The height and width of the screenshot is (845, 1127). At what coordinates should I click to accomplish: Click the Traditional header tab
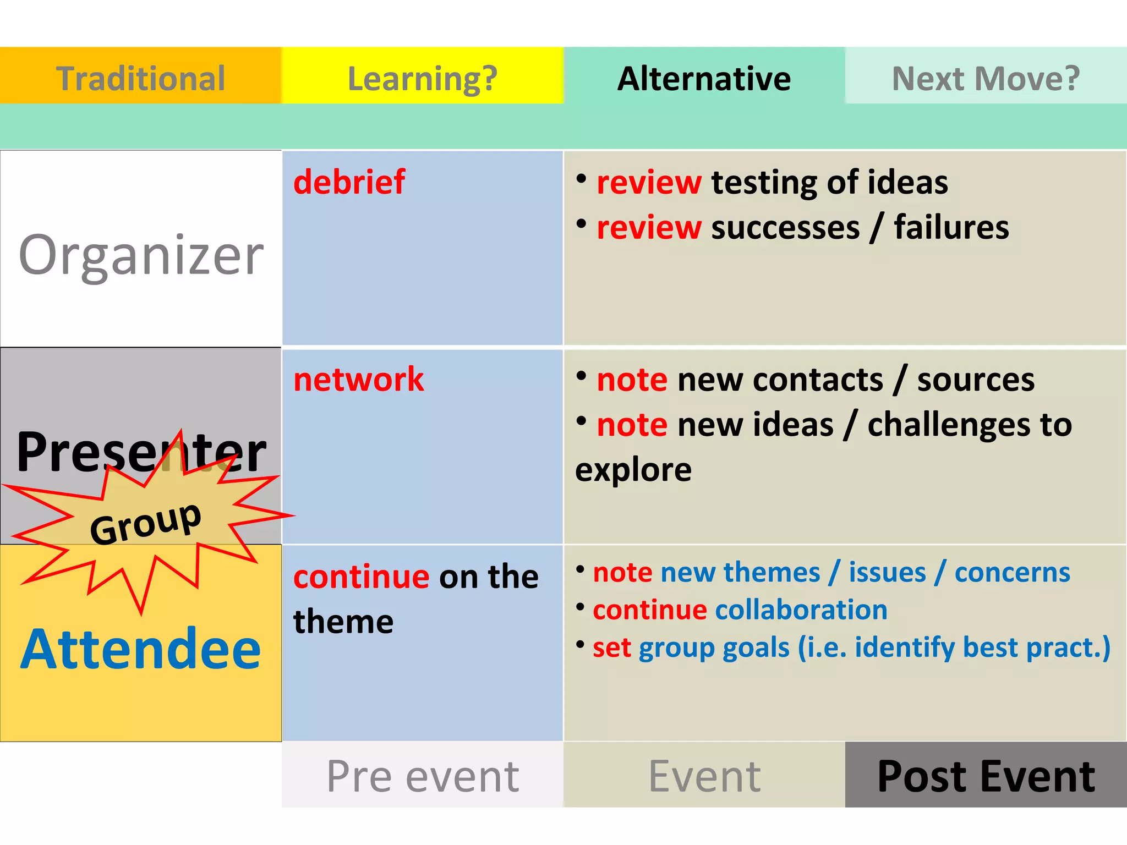[x=141, y=78]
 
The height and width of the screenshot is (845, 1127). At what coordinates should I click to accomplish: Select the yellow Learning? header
[x=423, y=78]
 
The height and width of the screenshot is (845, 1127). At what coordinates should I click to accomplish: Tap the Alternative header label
[x=704, y=78]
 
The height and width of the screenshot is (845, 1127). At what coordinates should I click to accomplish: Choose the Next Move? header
[x=986, y=78]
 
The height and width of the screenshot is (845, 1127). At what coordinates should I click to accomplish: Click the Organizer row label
[x=141, y=254]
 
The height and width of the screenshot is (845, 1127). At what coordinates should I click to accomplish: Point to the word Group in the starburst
[x=146, y=523]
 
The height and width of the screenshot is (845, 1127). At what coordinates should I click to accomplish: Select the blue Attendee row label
[x=141, y=649]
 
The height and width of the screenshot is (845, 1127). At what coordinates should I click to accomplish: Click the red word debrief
[x=349, y=182]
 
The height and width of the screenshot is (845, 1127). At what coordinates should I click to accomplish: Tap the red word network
[x=359, y=380]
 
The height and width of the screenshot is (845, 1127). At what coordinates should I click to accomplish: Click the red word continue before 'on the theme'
[x=361, y=577]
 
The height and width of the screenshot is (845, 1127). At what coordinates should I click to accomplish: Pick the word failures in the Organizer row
[x=951, y=227]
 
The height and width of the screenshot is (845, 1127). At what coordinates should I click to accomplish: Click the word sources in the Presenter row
[x=976, y=380]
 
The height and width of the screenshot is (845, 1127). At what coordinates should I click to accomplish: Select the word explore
[x=633, y=470]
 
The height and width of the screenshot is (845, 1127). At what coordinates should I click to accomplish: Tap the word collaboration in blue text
[x=801, y=610]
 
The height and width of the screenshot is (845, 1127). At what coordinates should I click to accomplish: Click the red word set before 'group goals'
[x=611, y=648]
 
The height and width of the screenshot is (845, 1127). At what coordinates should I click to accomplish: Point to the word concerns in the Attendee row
[x=1012, y=573]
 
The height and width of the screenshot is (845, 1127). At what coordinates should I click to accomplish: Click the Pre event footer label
[x=423, y=776]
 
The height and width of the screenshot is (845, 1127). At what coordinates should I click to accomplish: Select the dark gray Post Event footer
[x=986, y=776]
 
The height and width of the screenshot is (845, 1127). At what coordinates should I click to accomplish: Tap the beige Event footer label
[x=704, y=776]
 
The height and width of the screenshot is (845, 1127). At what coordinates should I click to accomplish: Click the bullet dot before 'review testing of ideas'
[x=581, y=178]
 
